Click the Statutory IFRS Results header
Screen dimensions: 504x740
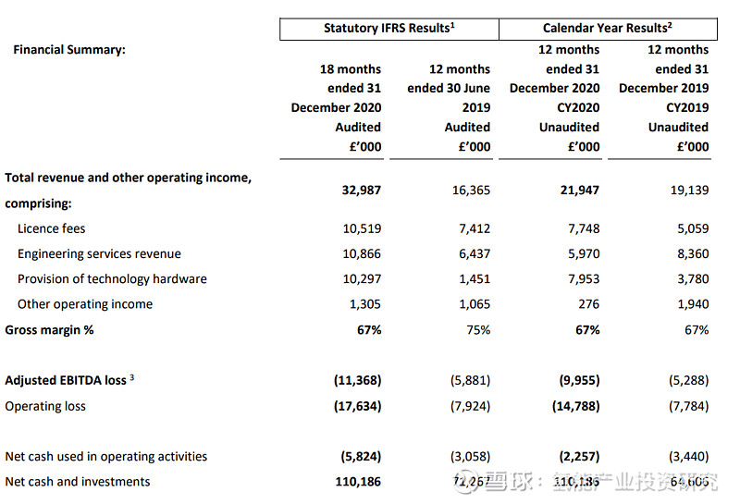[388, 28]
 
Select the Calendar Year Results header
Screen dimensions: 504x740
[609, 28]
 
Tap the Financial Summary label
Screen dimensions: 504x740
[69, 50]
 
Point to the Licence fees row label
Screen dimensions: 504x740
[52, 228]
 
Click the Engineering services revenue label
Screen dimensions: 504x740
[99, 253]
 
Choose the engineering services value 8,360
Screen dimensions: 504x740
[691, 253]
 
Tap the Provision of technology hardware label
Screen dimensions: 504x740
[112, 278]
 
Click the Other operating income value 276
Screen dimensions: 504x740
[587, 303]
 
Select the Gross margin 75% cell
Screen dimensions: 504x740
[477, 329]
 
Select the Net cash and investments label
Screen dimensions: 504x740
[78, 481]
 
